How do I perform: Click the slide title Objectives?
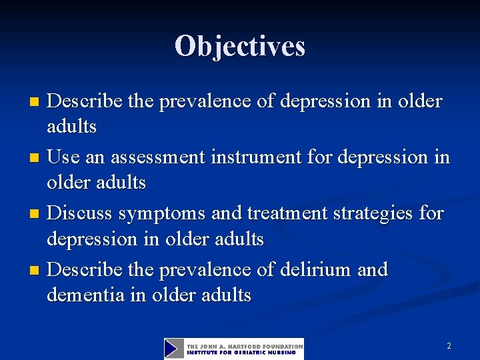[240, 46]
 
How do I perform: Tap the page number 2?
[449, 346]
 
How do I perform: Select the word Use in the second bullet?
[64, 158]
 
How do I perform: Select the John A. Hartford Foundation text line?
[244, 346]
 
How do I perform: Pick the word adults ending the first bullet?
[71, 125]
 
